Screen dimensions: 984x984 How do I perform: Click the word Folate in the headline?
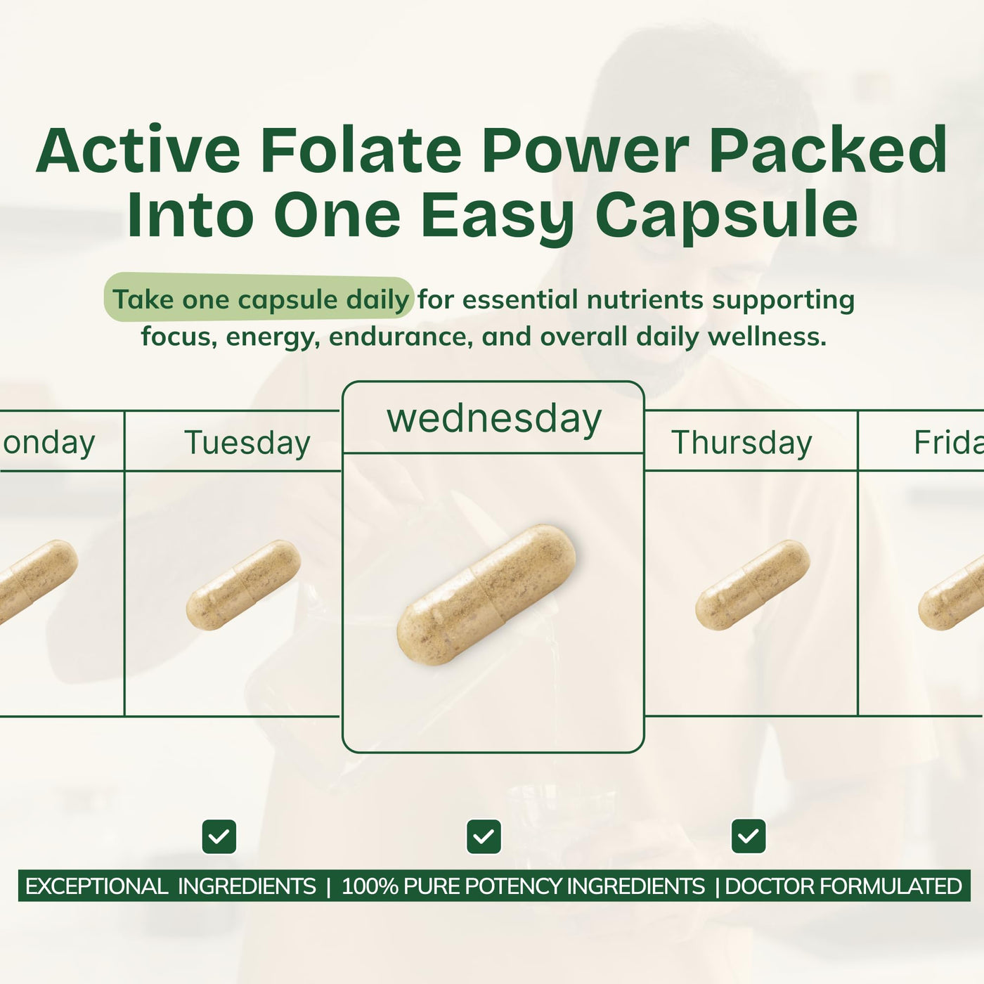pos(361,150)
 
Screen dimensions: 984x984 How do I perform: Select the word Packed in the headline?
pos(828,150)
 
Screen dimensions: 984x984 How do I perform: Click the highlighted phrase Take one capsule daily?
pos(261,299)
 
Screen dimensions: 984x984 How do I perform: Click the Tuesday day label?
pos(247,443)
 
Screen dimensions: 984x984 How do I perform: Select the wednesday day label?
pos(494,419)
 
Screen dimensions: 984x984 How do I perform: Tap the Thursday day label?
pos(742,443)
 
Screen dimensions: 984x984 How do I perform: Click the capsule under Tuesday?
pos(243,585)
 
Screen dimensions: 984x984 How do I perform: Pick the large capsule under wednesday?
pos(486,595)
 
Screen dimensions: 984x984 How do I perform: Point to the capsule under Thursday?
pos(753,585)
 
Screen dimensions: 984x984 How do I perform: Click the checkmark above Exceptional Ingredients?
pos(219,836)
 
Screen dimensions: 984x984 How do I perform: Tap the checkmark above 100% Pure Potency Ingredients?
pos(484,836)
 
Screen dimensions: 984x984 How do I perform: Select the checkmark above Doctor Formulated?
pos(749,836)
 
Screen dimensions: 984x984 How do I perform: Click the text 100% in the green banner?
pos(370,886)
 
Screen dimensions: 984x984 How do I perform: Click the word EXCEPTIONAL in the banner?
pos(96,886)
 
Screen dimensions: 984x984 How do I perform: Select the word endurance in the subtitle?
pos(401,337)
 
